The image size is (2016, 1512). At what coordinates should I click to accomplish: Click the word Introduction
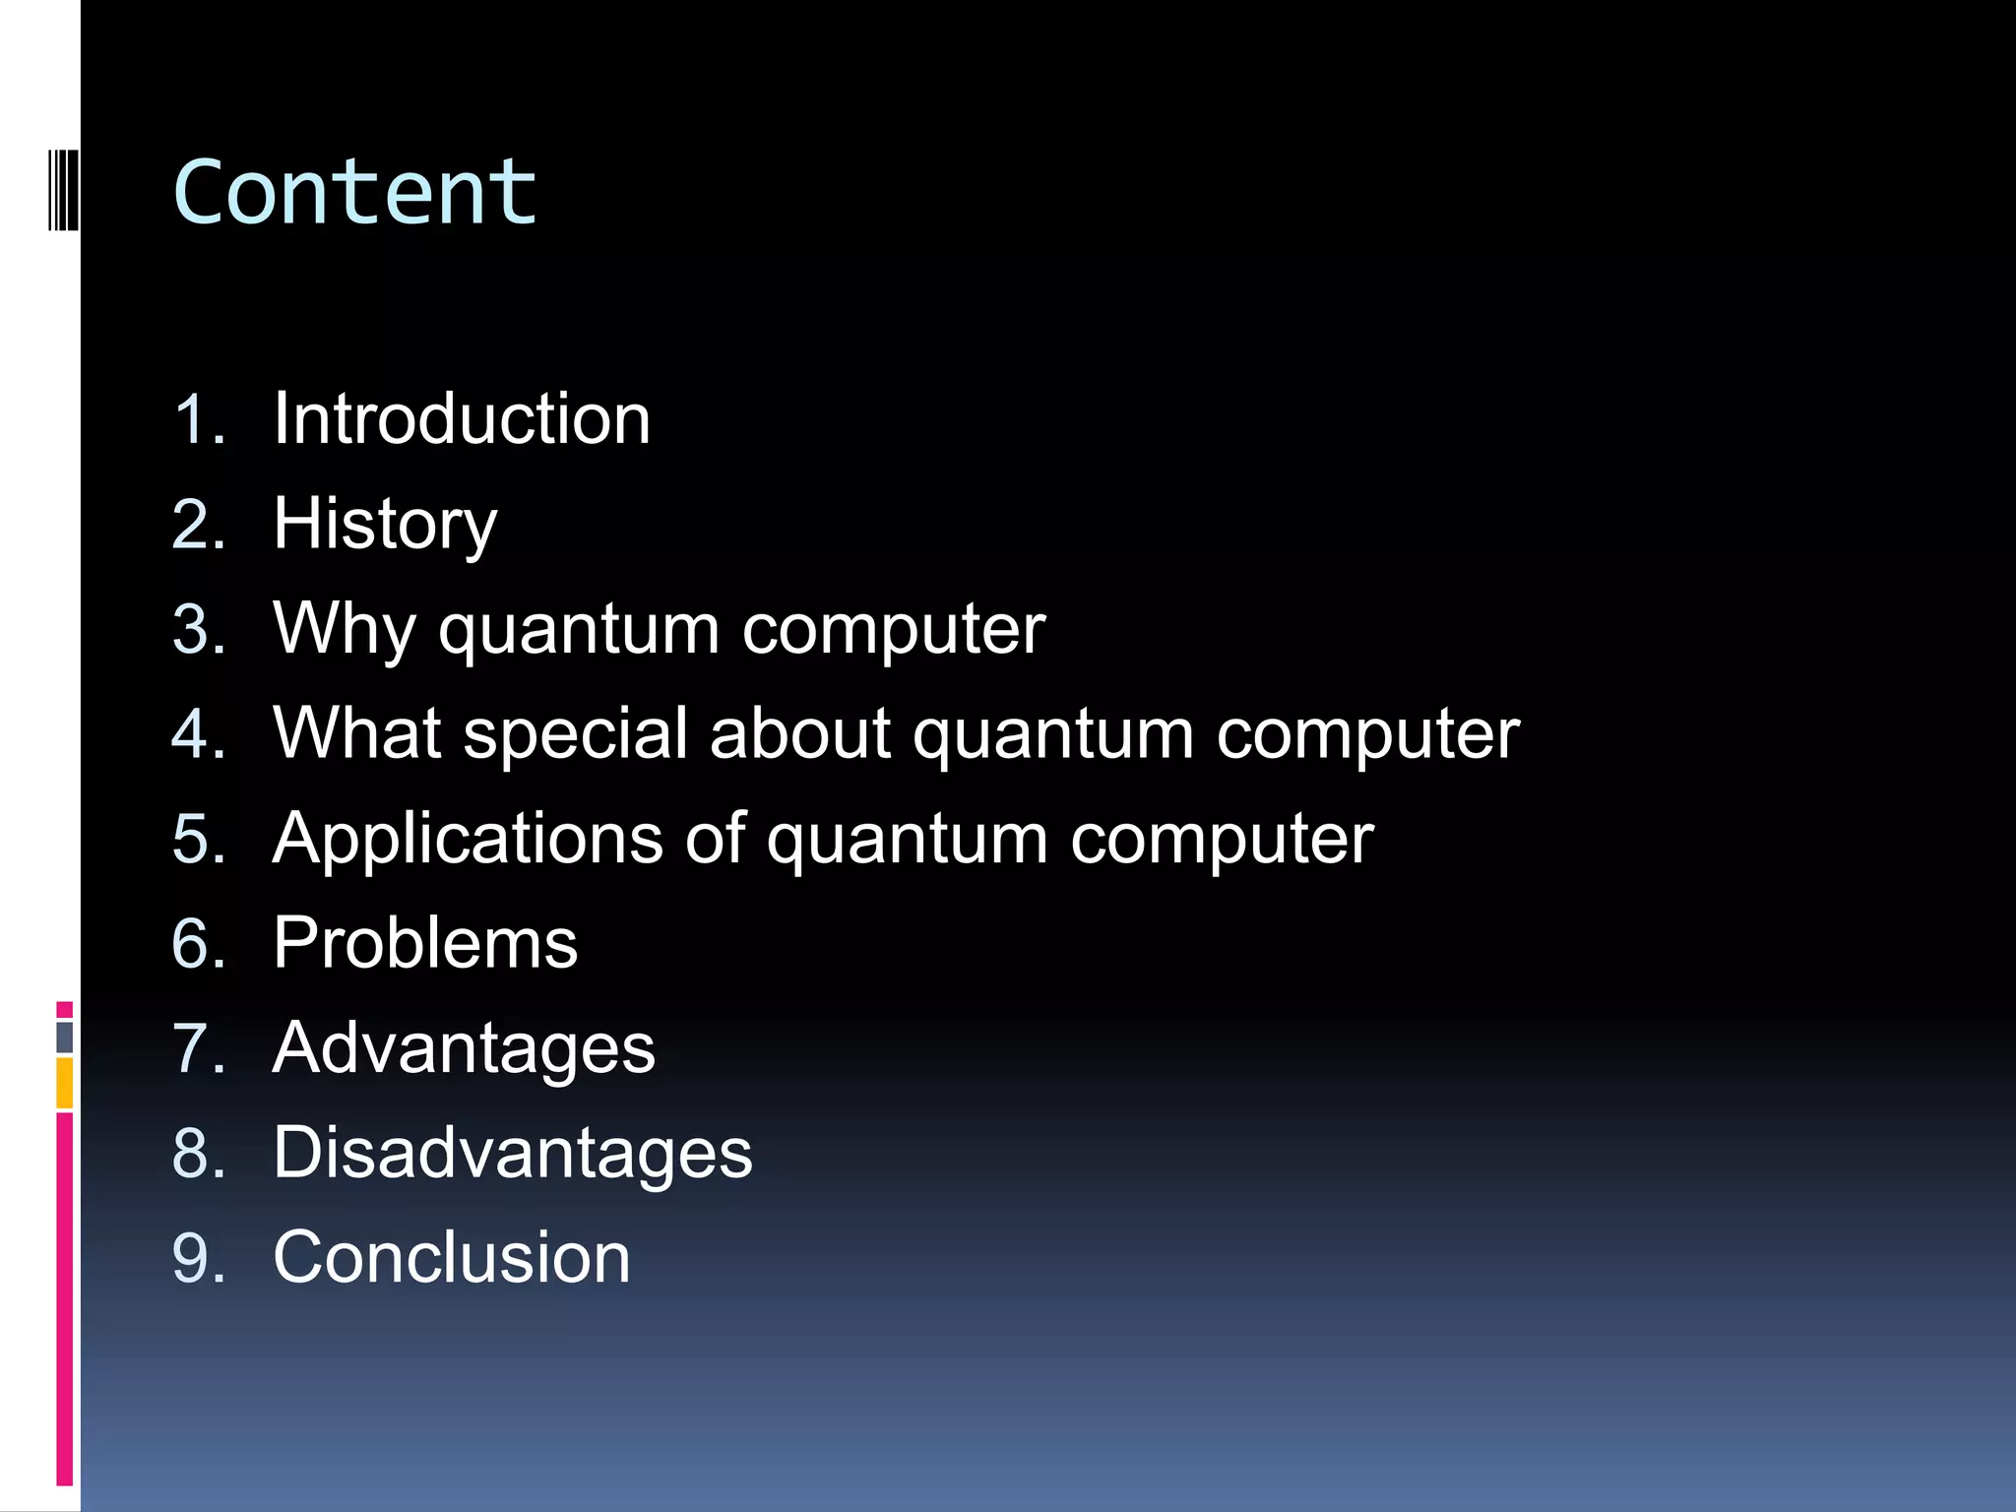coord(462,418)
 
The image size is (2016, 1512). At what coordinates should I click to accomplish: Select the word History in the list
coord(385,525)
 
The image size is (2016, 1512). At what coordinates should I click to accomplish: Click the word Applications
coord(468,839)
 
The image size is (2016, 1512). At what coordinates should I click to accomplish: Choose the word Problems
coord(425,943)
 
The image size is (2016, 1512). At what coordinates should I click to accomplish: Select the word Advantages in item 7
coord(464,1048)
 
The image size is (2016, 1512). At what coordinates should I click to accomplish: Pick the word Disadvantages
coord(512,1153)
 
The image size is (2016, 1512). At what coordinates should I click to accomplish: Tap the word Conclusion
coord(452,1257)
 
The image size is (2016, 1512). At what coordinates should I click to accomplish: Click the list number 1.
coord(198,419)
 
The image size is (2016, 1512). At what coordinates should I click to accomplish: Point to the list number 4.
coord(198,734)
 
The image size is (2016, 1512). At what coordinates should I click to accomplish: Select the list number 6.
coord(198,944)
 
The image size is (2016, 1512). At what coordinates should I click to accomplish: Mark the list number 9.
coord(198,1258)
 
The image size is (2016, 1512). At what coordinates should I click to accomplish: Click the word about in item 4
coord(799,733)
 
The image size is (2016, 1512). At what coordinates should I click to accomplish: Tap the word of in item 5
coord(715,839)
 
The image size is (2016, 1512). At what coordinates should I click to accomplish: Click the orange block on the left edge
coord(64,1083)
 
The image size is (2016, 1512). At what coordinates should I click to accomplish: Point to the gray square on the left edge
coord(64,1037)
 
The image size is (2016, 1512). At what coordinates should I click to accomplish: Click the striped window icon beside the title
coord(64,189)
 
